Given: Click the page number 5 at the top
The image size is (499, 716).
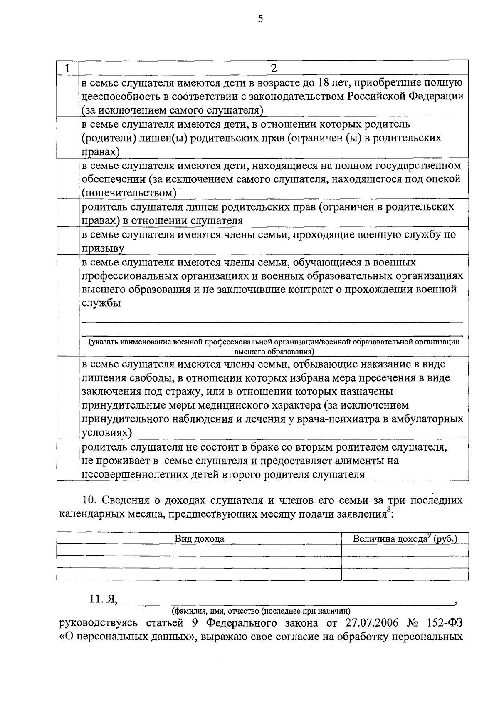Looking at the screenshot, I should click(x=261, y=19).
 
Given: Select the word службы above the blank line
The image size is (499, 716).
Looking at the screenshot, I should click(x=101, y=303).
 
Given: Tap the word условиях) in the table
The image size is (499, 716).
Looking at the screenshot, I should click(x=107, y=432).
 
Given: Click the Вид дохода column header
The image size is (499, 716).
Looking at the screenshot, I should click(x=199, y=539).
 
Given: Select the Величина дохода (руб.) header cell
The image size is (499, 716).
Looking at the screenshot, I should click(x=405, y=539).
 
